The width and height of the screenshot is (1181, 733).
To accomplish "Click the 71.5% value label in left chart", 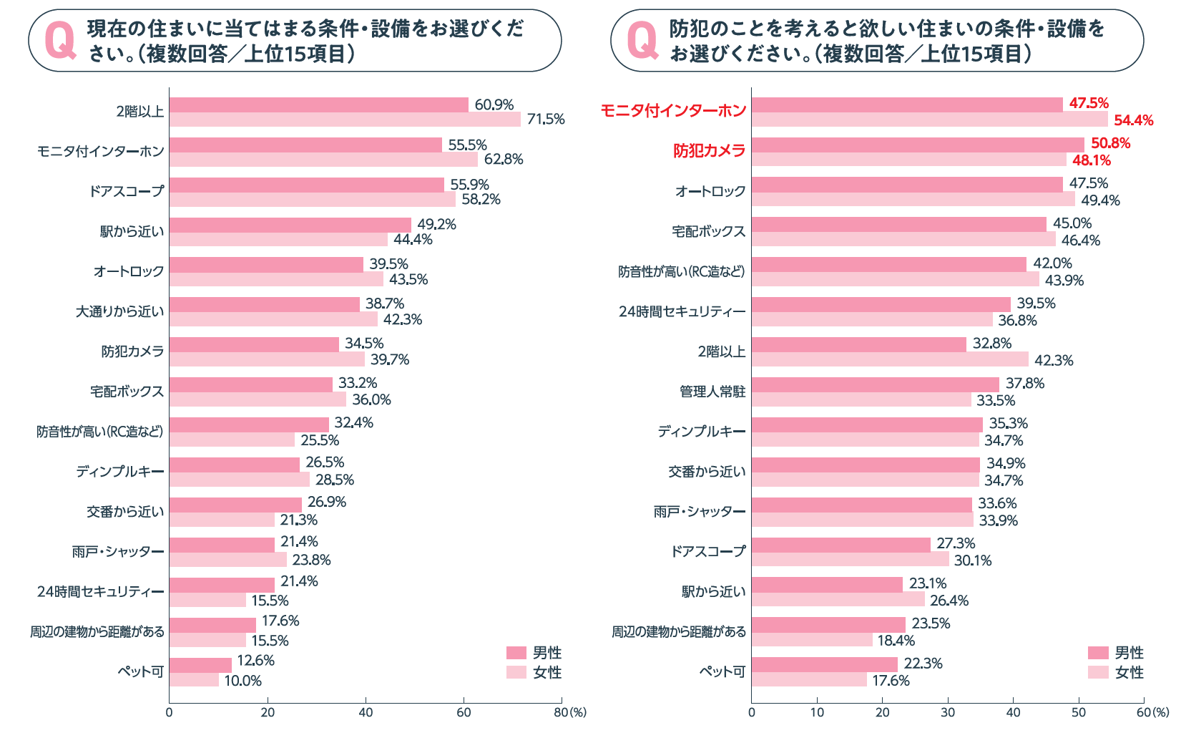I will (x=546, y=120).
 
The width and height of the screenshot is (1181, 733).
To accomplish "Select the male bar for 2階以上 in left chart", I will (x=318, y=105).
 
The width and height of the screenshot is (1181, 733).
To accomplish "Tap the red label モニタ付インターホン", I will (x=672, y=111).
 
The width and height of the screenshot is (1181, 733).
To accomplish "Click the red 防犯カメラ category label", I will (x=709, y=151).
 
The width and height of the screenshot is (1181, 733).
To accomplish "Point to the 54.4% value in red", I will (x=1133, y=120).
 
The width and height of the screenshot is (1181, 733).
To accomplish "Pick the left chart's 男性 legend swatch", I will (x=516, y=653).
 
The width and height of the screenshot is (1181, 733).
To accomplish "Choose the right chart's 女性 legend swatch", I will (x=1098, y=672).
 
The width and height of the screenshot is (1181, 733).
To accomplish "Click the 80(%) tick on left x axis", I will (x=569, y=712).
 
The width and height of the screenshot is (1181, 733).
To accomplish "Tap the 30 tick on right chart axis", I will (x=948, y=712).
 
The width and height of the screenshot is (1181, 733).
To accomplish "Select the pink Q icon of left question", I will (x=60, y=41).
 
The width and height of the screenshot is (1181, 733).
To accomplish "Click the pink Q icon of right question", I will (x=642, y=41).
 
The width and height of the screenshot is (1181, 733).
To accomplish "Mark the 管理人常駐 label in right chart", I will (x=712, y=392).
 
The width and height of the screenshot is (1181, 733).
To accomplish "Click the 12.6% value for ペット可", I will (x=255, y=661).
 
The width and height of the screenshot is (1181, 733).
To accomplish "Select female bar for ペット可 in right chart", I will (x=808, y=679).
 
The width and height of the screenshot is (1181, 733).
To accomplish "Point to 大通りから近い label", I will (x=119, y=311).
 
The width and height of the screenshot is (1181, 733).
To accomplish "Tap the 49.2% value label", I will (x=436, y=224).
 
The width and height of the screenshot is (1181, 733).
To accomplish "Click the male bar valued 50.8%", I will (x=917, y=145).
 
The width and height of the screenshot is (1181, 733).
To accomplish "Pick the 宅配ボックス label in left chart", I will (x=127, y=392).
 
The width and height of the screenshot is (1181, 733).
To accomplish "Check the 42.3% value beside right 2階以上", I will (x=1054, y=360).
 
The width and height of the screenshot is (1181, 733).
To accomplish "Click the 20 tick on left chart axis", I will (x=268, y=712).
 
